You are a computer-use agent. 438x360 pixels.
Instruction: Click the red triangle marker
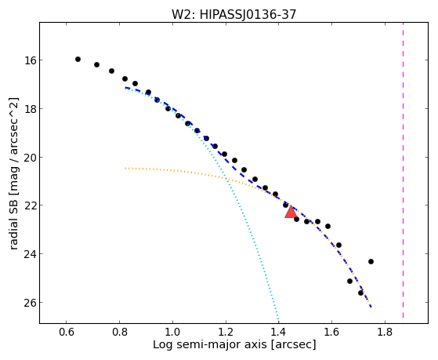click(x=291, y=212)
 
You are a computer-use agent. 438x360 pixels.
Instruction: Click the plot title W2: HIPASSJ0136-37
click(x=233, y=14)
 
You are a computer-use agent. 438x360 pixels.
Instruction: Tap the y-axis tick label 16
click(x=30, y=60)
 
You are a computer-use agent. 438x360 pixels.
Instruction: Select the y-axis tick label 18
click(x=30, y=109)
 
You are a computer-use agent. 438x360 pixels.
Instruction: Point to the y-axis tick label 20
click(x=30, y=158)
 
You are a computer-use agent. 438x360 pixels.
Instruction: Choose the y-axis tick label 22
click(x=30, y=205)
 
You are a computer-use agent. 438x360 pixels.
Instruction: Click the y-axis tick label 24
click(x=30, y=254)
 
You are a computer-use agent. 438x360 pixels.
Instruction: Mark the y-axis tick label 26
click(x=30, y=303)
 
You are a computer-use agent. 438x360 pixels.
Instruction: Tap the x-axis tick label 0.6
click(x=66, y=332)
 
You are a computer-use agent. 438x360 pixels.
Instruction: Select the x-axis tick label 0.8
click(x=119, y=332)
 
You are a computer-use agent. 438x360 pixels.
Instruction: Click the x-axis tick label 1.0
click(x=172, y=332)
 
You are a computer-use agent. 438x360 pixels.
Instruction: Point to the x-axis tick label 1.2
click(x=226, y=332)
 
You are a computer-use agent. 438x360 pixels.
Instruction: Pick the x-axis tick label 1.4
click(x=279, y=332)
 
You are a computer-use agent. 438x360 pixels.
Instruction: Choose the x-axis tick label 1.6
click(x=332, y=332)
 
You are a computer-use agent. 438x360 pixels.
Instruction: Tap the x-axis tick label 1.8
click(x=385, y=332)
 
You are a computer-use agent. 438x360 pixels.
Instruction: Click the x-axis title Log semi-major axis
click(x=210, y=344)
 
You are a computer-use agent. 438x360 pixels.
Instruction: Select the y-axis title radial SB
click(x=13, y=226)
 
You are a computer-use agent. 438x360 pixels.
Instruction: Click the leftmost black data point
click(x=78, y=59)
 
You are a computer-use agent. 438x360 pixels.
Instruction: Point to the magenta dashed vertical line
click(x=403, y=170)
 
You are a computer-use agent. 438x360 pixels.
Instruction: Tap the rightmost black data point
click(x=371, y=261)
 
